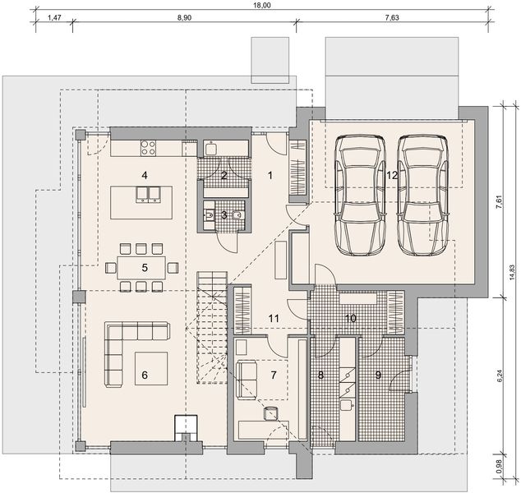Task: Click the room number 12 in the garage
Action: pyautogui.click(x=392, y=175)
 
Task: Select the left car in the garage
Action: pyautogui.click(x=361, y=196)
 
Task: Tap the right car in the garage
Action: pyautogui.click(x=424, y=196)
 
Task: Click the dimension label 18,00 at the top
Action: pyautogui.click(x=261, y=5)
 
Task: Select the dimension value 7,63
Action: pyautogui.click(x=396, y=16)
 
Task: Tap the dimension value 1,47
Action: pyautogui.click(x=54, y=16)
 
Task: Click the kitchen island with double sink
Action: pyautogui.click(x=143, y=201)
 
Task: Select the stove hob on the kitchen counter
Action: pyautogui.click(x=150, y=148)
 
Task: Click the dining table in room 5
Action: pyautogui.click(x=142, y=267)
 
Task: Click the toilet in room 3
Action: pyautogui.click(x=236, y=215)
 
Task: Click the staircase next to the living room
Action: pyautogui.click(x=211, y=329)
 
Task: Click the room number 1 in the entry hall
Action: pyautogui.click(x=269, y=175)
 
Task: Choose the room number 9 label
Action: pyautogui.click(x=379, y=376)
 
